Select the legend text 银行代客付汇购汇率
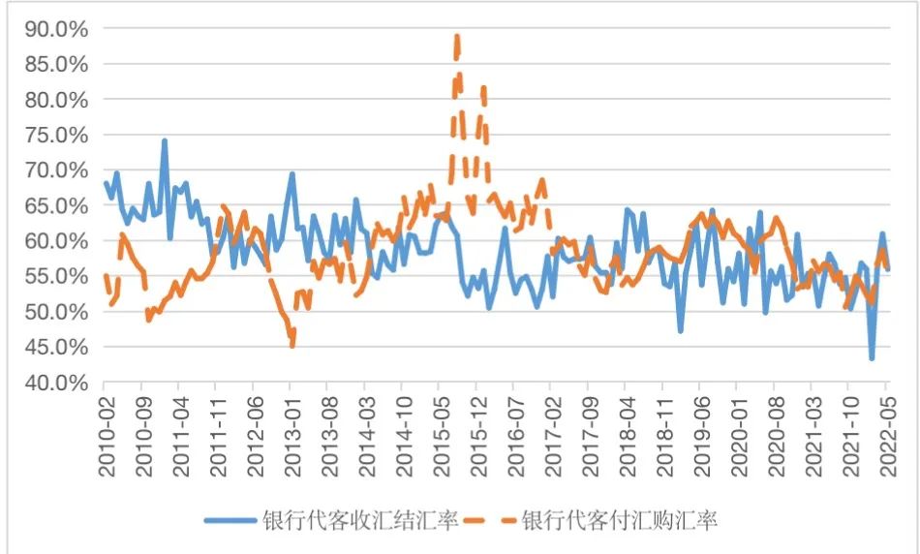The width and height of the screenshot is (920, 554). (x=620, y=519)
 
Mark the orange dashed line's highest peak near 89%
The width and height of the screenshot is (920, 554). (x=456, y=37)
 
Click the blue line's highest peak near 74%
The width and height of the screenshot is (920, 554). (x=165, y=140)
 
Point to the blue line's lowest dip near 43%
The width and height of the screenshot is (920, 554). (x=872, y=358)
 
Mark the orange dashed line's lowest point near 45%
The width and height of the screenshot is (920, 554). (x=291, y=344)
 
